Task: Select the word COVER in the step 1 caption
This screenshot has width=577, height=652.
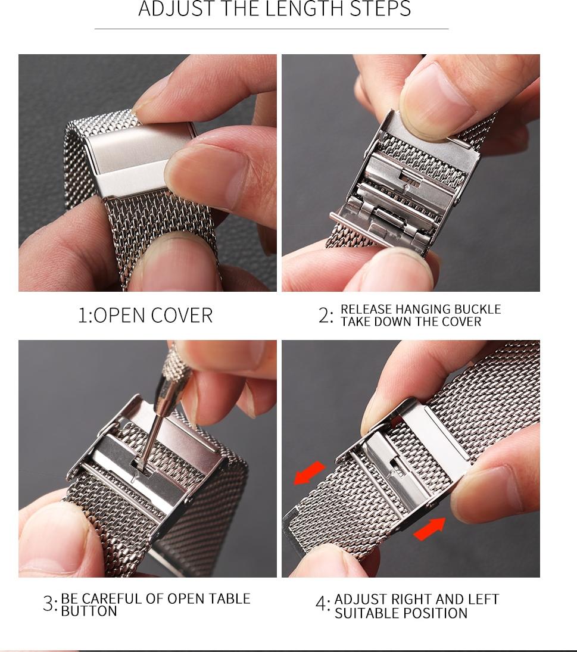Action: [182, 315]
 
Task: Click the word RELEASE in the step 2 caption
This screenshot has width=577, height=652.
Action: [366, 309]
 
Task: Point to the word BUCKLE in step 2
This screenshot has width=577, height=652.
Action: [477, 309]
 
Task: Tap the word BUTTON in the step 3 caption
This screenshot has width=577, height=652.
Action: [89, 611]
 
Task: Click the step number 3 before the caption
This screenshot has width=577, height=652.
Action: [48, 604]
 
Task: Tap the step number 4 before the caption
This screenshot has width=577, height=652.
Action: [321, 604]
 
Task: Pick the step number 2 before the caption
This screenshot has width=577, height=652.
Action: [324, 315]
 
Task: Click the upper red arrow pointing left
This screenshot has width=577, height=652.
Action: [309, 473]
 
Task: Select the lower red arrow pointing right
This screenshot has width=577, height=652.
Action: [429, 529]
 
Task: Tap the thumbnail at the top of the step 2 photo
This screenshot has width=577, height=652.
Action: [436, 96]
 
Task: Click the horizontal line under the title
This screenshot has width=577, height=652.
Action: [272, 29]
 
